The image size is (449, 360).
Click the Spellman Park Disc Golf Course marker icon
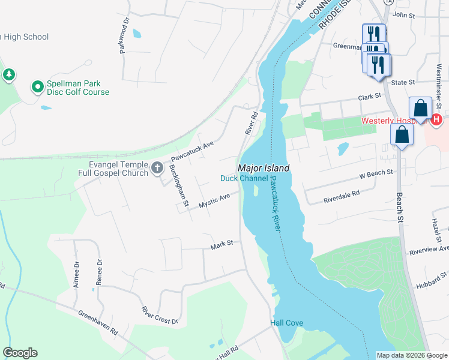[38, 88]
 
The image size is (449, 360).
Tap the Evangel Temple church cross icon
[158, 167]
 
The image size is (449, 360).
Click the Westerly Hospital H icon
[436, 120]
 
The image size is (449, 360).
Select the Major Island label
[264, 169]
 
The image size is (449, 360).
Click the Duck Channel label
[244, 178]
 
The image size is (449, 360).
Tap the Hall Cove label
[286, 323]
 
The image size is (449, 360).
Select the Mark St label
[221, 246]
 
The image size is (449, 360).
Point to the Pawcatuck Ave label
[193, 149]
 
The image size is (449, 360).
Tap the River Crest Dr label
[160, 316]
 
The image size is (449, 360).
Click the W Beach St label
[376, 174]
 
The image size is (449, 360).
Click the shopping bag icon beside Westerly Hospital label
[421, 108]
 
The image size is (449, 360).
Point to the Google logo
[20, 353]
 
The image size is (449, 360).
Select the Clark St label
[370, 96]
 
